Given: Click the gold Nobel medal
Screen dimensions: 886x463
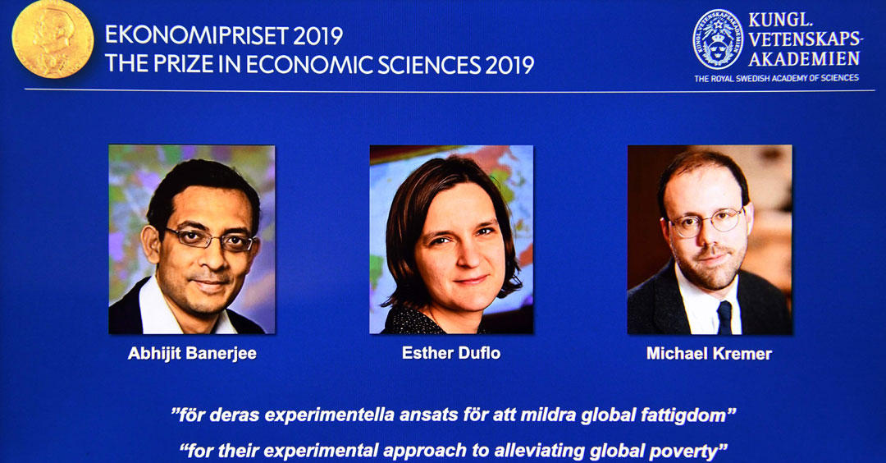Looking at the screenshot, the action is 53,39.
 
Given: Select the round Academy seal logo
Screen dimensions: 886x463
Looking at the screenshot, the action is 718,39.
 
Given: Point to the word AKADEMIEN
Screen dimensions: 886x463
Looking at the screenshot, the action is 804,58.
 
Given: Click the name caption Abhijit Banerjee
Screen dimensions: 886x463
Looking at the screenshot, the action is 192,353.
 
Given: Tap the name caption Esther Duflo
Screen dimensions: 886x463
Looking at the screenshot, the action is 451,353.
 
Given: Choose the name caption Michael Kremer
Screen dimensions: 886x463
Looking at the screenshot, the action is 709,354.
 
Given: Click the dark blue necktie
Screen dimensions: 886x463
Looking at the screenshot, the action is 724,317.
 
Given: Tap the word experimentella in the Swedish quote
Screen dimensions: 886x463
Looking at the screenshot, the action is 330,415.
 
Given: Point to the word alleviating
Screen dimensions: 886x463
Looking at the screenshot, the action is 539,451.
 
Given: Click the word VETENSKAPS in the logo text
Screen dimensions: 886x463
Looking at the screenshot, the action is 806,39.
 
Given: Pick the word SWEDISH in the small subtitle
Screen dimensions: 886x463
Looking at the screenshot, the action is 761,78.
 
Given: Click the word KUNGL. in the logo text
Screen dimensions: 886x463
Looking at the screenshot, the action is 780,20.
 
